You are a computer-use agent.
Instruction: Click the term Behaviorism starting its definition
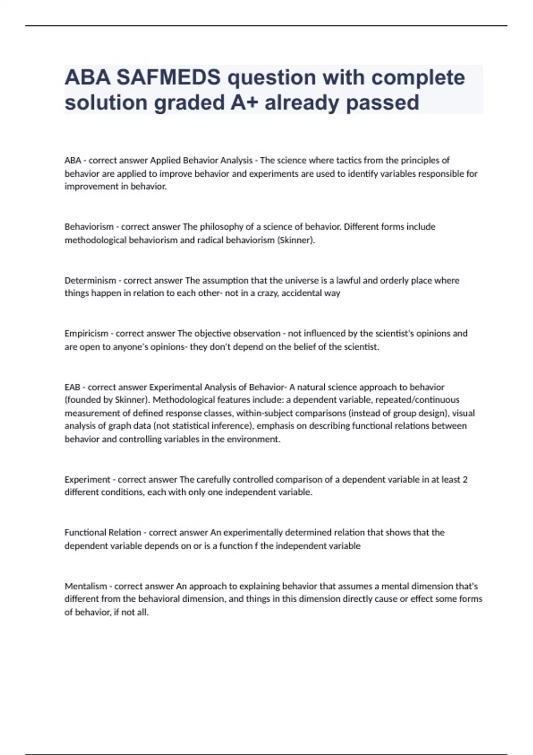click(89, 227)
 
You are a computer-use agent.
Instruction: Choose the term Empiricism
click(86, 334)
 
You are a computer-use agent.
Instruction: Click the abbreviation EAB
click(72, 387)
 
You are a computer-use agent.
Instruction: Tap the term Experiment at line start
click(87, 480)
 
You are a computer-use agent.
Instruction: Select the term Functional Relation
click(103, 532)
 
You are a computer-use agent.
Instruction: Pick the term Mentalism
click(86, 586)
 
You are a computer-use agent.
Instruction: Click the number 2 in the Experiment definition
click(465, 480)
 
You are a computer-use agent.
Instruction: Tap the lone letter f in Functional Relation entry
click(256, 546)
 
